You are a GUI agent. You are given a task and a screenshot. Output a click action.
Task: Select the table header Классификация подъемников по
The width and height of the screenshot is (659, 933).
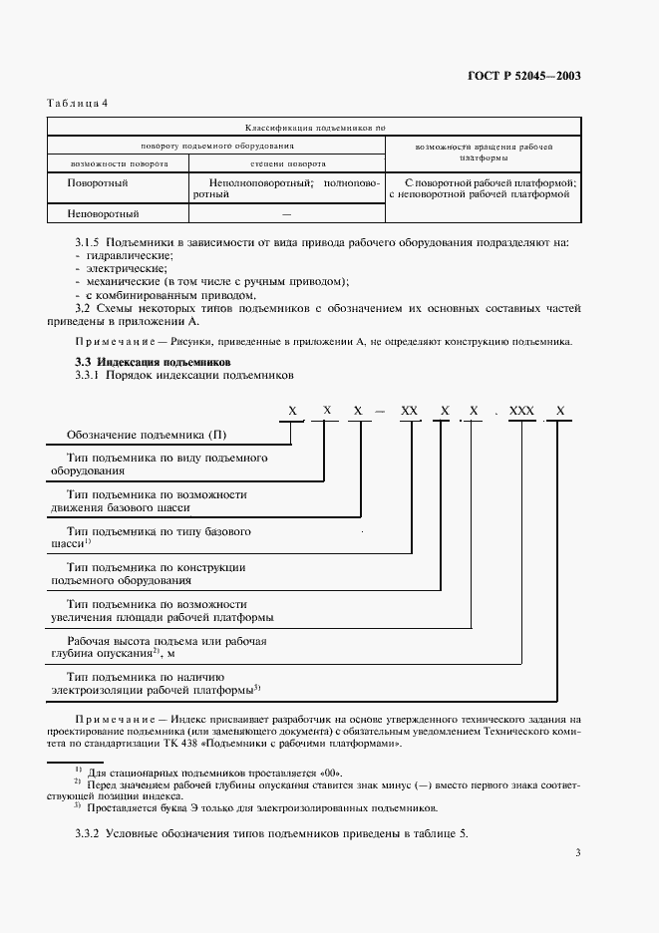pos(314,128)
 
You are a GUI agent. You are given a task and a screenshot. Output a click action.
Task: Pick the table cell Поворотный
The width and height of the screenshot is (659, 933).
pos(97,183)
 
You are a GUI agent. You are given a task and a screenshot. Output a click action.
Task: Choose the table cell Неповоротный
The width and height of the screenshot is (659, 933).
pos(103,213)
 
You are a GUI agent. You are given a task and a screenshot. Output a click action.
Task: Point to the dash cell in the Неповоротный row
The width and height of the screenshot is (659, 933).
pos(287,213)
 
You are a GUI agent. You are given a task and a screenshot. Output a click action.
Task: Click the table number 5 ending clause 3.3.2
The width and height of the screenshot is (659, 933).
pos(464,832)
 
